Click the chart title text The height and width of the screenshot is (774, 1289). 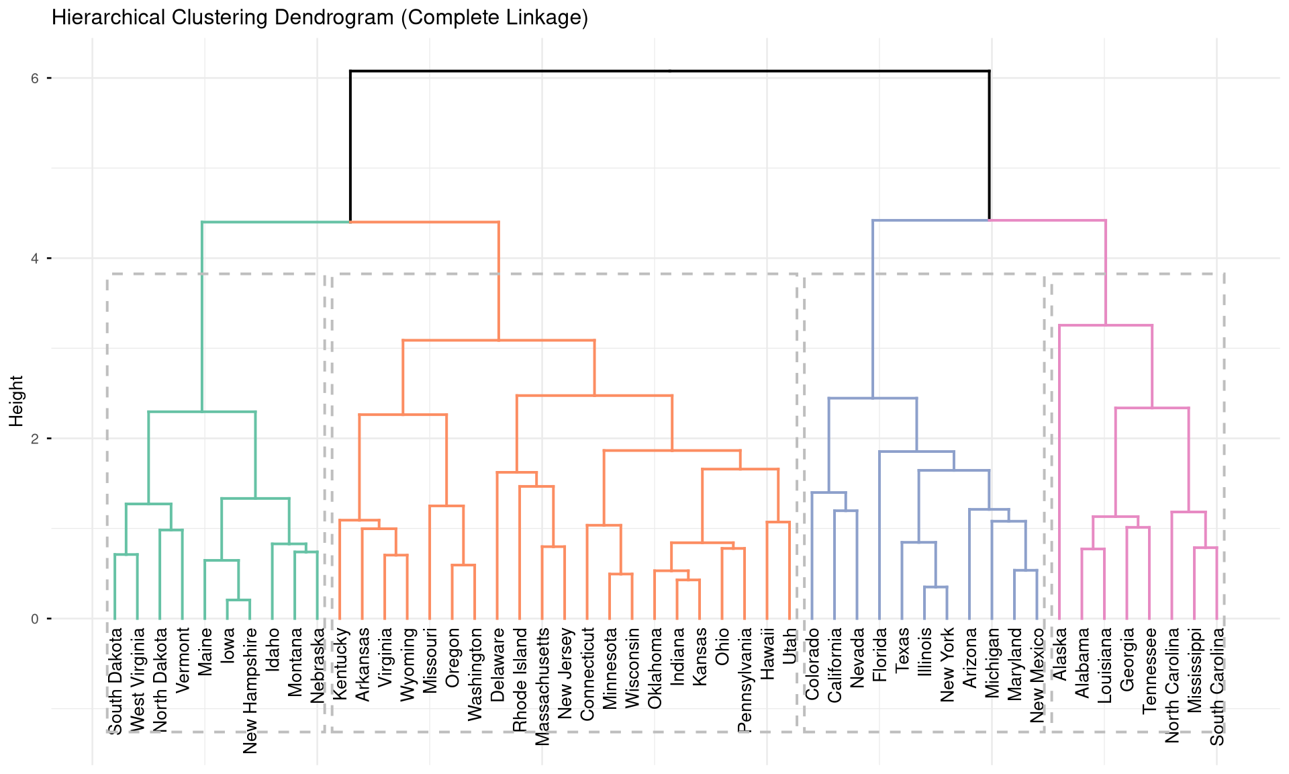pos(320,17)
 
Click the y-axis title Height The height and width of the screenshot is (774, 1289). pos(17,400)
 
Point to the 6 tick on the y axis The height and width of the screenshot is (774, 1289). pos(34,78)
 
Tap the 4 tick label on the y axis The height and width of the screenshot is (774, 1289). pos(34,259)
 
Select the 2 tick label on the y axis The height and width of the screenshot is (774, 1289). pos(34,439)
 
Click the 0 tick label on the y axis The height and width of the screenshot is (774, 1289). pos(34,619)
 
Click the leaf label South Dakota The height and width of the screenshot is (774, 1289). pos(115,681)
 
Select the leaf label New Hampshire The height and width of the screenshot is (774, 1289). pos(250,691)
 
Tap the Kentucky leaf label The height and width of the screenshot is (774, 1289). pos(340,664)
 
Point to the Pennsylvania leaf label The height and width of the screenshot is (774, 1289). pos(745,680)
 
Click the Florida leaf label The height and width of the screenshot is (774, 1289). pos(879,655)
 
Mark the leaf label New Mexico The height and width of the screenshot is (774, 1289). pos(1037,675)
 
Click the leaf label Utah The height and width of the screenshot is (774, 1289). pos(790,646)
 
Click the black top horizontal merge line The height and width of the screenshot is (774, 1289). pos(669,71)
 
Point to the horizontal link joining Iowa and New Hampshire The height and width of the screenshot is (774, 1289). pos(238,600)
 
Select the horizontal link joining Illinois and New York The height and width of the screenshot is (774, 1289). pos(936,587)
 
